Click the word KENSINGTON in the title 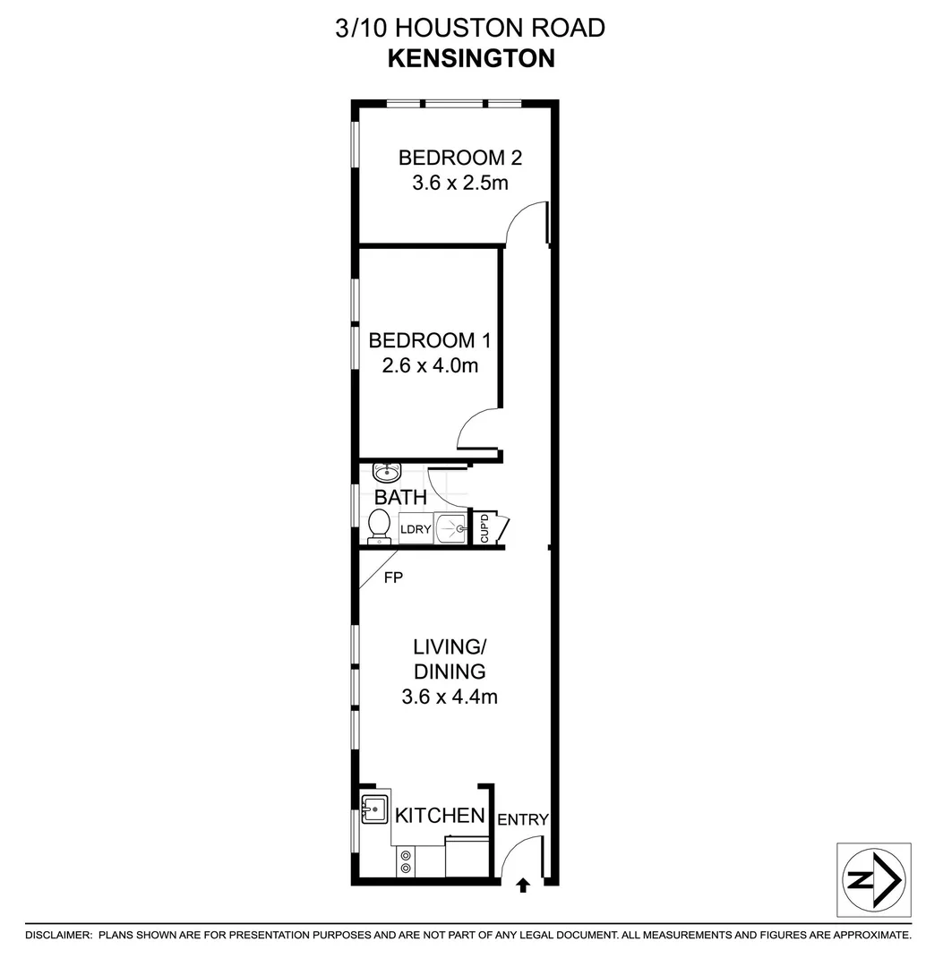tap(471, 58)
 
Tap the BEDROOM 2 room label tap(460, 158)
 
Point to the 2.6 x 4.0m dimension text tap(431, 365)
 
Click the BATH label tap(400, 497)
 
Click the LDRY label tap(416, 529)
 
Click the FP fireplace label tap(393, 578)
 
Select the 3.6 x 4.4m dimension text tap(450, 696)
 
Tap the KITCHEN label tap(440, 816)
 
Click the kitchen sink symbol tap(373, 809)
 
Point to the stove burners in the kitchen tap(407, 861)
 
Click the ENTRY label tap(522, 819)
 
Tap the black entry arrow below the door tap(523, 886)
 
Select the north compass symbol tap(873, 879)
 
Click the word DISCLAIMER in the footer tap(58, 935)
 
